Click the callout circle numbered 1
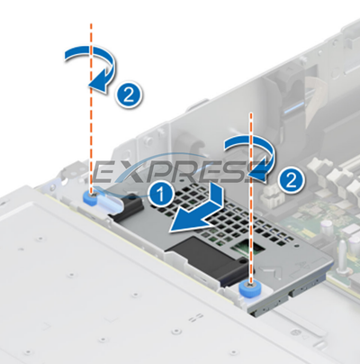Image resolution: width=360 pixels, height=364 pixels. (160, 193)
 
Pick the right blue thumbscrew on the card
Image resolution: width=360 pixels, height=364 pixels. (249, 290)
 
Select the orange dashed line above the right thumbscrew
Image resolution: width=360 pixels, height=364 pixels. (250, 225)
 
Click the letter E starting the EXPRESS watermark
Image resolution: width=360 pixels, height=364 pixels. (110, 171)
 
